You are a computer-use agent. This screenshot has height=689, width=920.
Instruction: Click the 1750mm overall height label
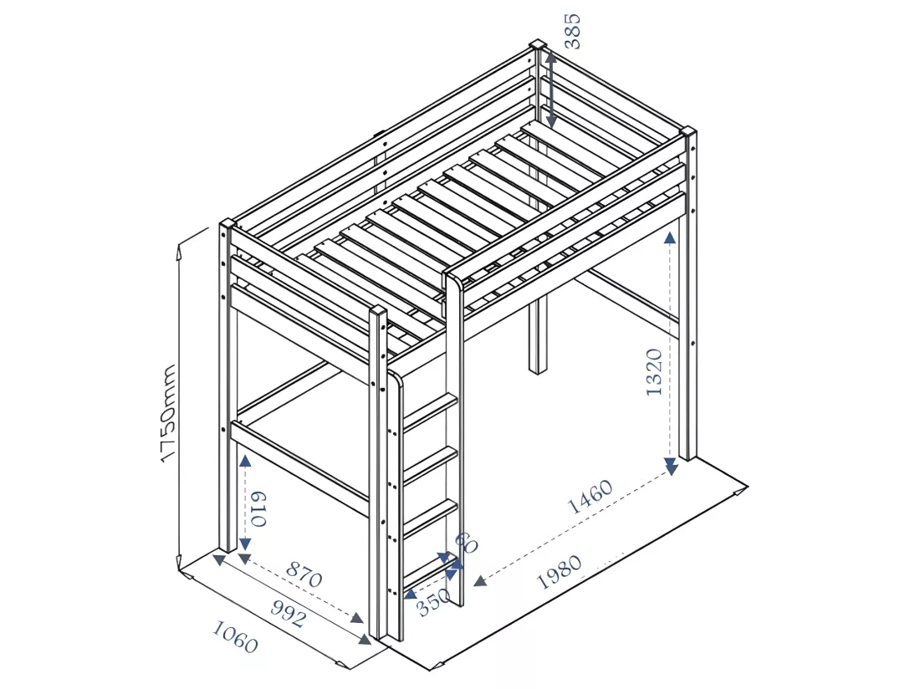pyautogui.click(x=168, y=413)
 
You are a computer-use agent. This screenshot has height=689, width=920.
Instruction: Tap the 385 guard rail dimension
pyautogui.click(x=571, y=31)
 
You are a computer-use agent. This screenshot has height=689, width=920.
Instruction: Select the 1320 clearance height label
pyautogui.click(x=654, y=372)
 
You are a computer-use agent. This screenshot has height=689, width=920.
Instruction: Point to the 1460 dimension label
pyautogui.click(x=590, y=497)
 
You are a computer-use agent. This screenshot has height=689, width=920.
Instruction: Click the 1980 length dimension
pyautogui.click(x=560, y=572)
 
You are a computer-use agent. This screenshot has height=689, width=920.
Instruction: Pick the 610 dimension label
pyautogui.click(x=258, y=508)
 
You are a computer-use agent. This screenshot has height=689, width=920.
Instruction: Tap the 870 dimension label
pyautogui.click(x=304, y=574)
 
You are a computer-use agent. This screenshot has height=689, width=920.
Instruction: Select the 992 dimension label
pyautogui.click(x=288, y=614)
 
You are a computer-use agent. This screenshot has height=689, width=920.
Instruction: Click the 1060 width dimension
pyautogui.click(x=235, y=637)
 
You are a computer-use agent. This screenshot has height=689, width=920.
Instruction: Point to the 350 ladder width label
pyautogui.click(x=433, y=603)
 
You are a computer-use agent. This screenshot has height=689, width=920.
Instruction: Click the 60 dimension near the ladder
pyautogui.click(x=467, y=543)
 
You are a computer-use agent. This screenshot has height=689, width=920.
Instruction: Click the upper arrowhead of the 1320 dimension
pyautogui.click(x=670, y=237)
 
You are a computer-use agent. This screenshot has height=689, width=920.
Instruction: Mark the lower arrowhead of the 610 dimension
pyautogui.click(x=245, y=544)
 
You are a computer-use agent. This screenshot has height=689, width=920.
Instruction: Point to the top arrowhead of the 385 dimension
pyautogui.click(x=550, y=57)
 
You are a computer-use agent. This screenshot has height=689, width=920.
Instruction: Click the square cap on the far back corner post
pyautogui.click(x=538, y=45)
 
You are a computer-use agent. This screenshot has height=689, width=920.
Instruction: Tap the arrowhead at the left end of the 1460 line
pyautogui.click(x=480, y=581)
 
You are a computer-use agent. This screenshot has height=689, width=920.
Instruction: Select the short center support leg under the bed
pyautogui.click(x=536, y=334)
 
